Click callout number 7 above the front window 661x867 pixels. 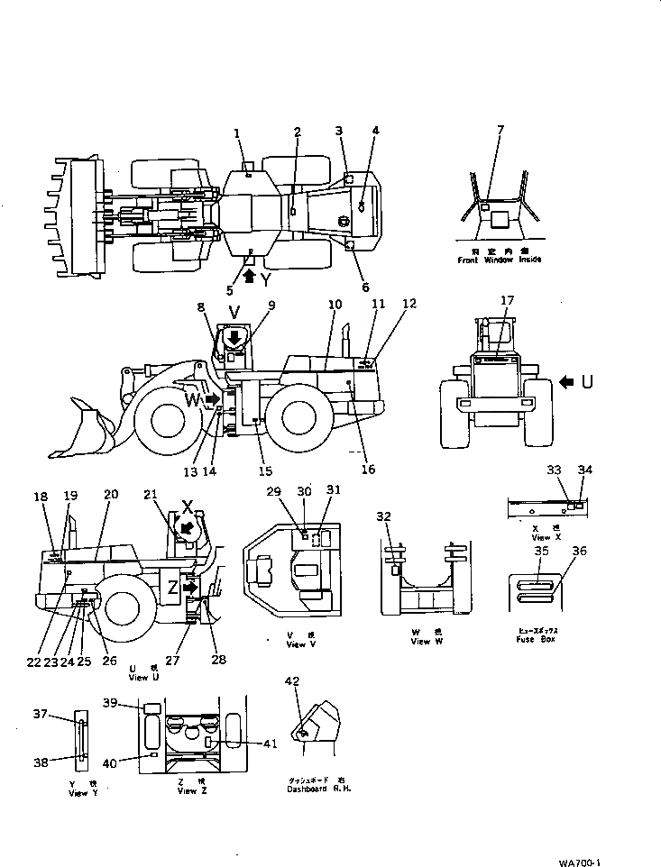point(500,131)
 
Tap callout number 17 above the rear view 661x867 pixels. point(508,300)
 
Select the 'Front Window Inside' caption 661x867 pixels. point(498,260)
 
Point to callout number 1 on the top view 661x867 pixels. point(237,133)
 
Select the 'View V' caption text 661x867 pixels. point(300,645)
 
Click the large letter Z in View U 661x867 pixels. point(172,588)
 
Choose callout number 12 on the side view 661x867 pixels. point(410,304)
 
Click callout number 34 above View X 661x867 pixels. point(584,469)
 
